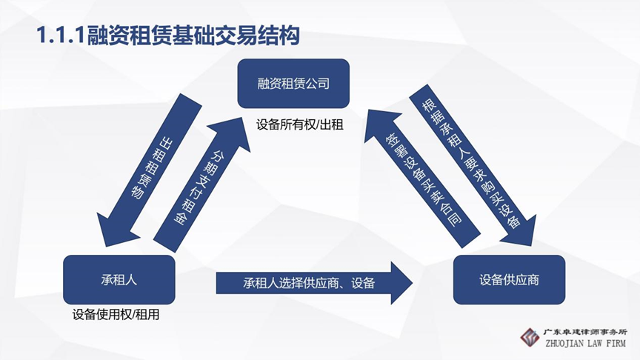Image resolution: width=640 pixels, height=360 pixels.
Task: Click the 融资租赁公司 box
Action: (293, 83)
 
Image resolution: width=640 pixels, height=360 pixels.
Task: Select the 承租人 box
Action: (119, 281)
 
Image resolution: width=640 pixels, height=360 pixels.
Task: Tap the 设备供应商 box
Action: (509, 281)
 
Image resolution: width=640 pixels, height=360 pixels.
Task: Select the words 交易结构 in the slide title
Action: (267, 34)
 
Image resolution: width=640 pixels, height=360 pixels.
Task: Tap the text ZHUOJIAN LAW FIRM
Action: (585, 344)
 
